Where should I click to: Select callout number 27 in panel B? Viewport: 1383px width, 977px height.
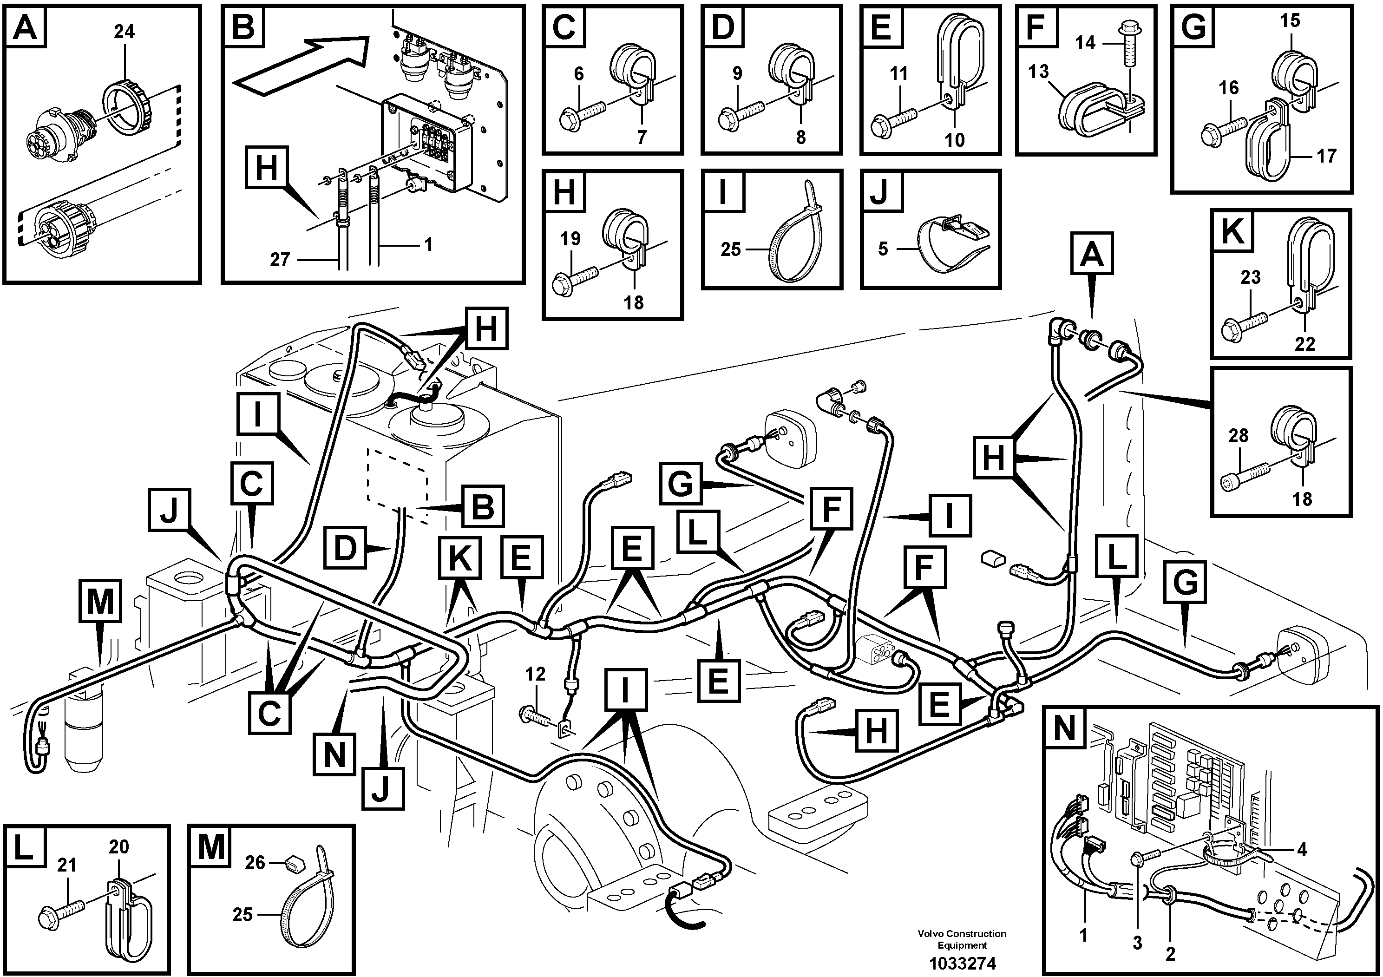click(280, 260)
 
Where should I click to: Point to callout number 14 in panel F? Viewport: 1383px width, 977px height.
click(1085, 43)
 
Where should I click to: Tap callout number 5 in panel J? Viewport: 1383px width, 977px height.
click(883, 249)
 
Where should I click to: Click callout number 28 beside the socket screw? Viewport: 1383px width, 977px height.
click(1239, 435)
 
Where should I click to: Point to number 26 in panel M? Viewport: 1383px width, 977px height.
click(255, 863)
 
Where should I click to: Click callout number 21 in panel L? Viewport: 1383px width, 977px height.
click(66, 866)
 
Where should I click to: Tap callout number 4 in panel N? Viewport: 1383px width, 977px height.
click(1302, 850)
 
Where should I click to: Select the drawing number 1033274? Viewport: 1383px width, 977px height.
click(962, 963)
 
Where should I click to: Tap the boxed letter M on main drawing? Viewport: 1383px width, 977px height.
click(100, 601)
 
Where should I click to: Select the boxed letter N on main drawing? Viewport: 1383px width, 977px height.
click(334, 754)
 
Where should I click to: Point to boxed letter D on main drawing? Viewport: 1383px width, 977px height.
click(345, 548)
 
